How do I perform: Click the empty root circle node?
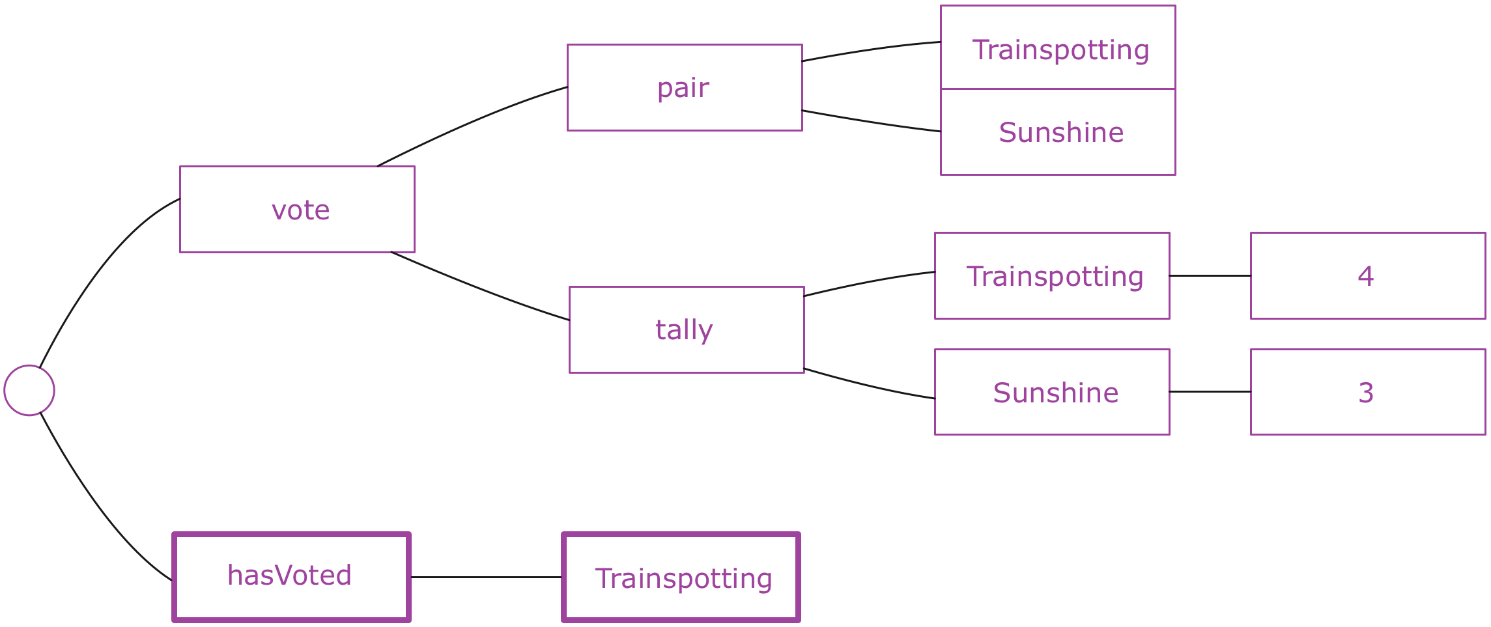tap(29, 390)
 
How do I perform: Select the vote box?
tap(297, 209)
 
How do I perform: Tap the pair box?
tap(685, 87)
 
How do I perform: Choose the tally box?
tap(687, 329)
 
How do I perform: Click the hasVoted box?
tap(291, 577)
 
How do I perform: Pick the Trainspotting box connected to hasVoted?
tap(681, 577)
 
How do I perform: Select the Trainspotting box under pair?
tap(1058, 48)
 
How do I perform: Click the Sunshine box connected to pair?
tap(1058, 132)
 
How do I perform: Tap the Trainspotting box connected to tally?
tap(1052, 275)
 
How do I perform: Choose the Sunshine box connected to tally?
tap(1052, 392)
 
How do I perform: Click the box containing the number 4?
tap(1368, 275)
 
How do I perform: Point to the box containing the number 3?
tap(1368, 392)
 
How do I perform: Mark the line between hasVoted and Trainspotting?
tap(486, 577)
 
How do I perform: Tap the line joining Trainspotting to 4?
tap(1210, 275)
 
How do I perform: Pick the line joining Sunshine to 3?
tap(1210, 391)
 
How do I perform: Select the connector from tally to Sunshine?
tap(869, 386)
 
